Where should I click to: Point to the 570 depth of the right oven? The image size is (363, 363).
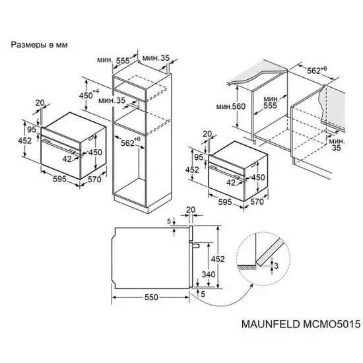(257, 202)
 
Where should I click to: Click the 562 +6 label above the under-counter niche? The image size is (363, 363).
(321, 69)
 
